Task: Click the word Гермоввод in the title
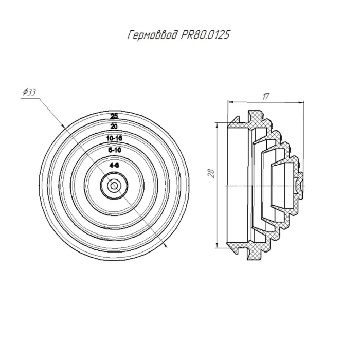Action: tap(153, 35)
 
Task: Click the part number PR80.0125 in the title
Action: tap(205, 35)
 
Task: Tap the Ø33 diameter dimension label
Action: tap(29, 92)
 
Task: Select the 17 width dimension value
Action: tap(266, 96)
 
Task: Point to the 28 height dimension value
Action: tap(211, 173)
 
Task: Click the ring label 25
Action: tap(114, 116)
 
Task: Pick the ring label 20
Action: tap(114, 127)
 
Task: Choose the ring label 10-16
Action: tap(114, 138)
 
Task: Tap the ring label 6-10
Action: tap(114, 150)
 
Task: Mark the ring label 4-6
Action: tap(114, 165)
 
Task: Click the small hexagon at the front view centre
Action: tap(114, 185)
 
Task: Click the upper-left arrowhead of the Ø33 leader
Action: tap(63, 125)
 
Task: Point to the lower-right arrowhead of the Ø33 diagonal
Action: tap(166, 246)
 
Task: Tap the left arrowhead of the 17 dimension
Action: tap(230, 102)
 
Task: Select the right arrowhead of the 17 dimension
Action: tap(301, 102)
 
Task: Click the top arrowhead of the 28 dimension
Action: tap(217, 125)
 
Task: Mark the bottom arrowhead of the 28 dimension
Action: tap(217, 245)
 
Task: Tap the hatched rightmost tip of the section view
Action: tap(300, 185)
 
